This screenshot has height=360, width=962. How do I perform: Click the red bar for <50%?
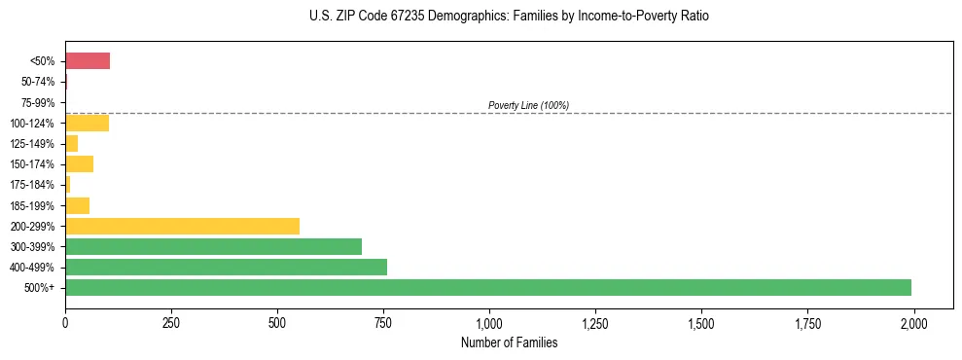pyautogui.click(x=88, y=61)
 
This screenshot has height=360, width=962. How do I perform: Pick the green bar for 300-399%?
pyautogui.click(x=213, y=246)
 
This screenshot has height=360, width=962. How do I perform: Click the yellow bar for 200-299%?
pyautogui.click(x=182, y=226)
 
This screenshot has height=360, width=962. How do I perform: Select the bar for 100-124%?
pyautogui.click(x=87, y=123)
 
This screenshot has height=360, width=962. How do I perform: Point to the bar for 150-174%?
pyautogui.click(x=79, y=163)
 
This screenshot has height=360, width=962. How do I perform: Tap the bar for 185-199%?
pyautogui.click(x=77, y=205)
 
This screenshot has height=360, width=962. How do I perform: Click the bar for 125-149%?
pyautogui.click(x=71, y=143)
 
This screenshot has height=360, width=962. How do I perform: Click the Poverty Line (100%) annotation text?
pyautogui.click(x=528, y=105)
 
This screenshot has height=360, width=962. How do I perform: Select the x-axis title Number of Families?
pyautogui.click(x=509, y=342)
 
